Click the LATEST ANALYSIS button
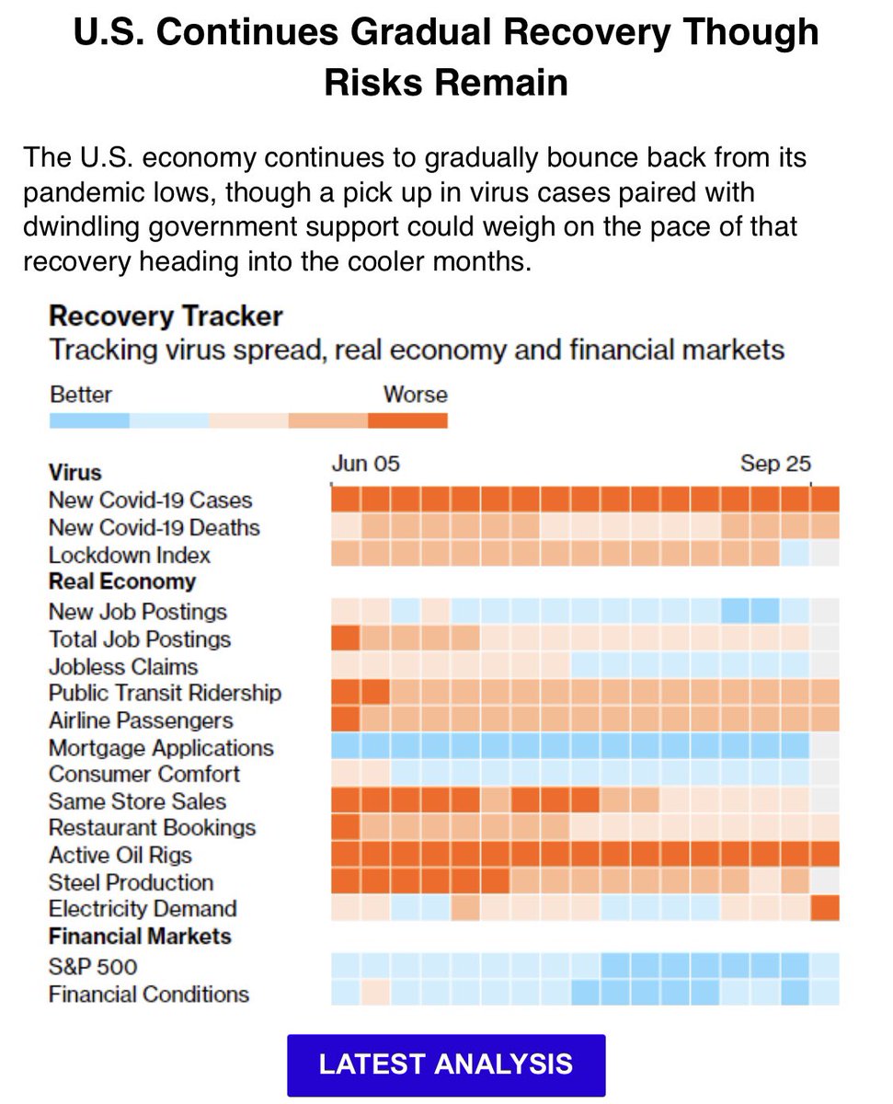(x=446, y=1064)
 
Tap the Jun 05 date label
(x=365, y=463)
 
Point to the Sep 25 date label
(x=775, y=463)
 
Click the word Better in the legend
(x=80, y=395)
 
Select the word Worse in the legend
(x=415, y=395)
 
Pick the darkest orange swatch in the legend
(x=407, y=420)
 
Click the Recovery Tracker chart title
(x=166, y=316)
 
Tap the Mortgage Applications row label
(x=161, y=747)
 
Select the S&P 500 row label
(x=93, y=966)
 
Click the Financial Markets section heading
(x=140, y=937)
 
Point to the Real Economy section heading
(x=121, y=581)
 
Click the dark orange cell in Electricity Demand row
(x=825, y=908)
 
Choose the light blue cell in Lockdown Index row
(x=795, y=554)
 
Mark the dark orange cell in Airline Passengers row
(x=345, y=719)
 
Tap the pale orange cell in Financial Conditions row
(x=375, y=993)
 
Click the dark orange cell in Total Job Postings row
(x=345, y=638)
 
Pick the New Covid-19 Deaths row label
(x=154, y=527)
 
